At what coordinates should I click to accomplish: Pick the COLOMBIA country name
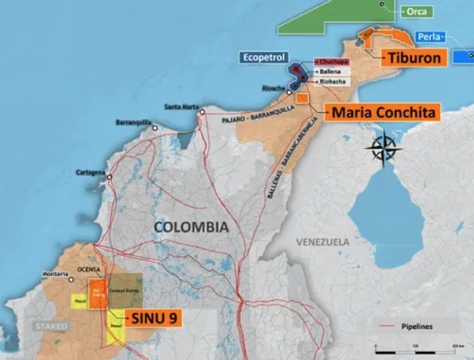(191, 227)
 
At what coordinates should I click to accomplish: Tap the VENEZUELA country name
(323, 242)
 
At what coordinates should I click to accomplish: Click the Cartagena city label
(91, 172)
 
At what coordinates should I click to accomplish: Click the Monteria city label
(55, 274)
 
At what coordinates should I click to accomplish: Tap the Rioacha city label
(273, 88)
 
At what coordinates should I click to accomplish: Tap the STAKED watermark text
(51, 326)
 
